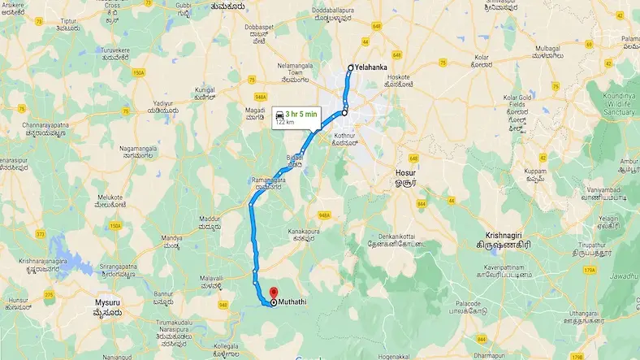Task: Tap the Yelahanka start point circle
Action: [350, 68]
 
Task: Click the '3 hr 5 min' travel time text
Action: [298, 115]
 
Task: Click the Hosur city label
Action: [404, 174]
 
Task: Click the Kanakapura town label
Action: [305, 232]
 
